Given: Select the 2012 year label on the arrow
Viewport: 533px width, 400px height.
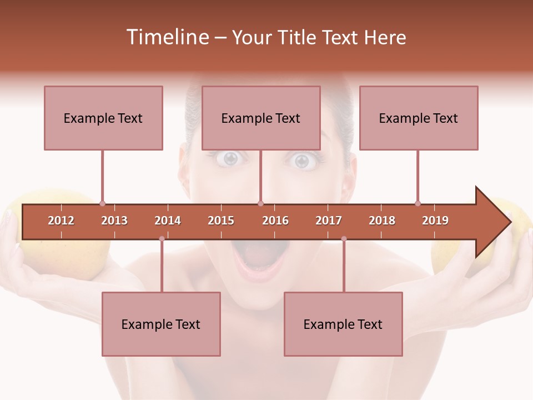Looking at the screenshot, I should tap(61, 221).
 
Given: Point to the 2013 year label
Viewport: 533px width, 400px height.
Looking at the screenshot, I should tap(114, 221).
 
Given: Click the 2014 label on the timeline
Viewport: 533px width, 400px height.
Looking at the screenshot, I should tap(168, 221).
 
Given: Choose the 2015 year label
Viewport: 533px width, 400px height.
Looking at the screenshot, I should tap(221, 221).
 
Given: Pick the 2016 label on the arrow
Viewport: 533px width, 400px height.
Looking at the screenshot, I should tap(275, 221).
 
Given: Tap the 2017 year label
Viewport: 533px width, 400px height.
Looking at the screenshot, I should tap(329, 221).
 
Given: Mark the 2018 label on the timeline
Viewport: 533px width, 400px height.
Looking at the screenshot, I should tap(382, 221).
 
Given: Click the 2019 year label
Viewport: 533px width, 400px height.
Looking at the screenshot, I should tap(435, 221).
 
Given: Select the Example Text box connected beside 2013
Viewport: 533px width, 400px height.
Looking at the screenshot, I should tap(103, 118).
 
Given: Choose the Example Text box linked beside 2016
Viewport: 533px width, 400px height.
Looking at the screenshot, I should tap(261, 118).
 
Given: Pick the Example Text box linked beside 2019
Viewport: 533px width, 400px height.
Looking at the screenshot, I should tap(419, 118).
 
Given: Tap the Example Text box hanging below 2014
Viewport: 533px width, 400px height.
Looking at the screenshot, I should tap(161, 324).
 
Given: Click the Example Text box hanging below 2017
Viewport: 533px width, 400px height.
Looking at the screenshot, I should tap(343, 324).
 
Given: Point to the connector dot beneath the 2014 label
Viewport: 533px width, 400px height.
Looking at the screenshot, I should tap(162, 239).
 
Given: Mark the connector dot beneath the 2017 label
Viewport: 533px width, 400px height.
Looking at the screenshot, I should tap(344, 239).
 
